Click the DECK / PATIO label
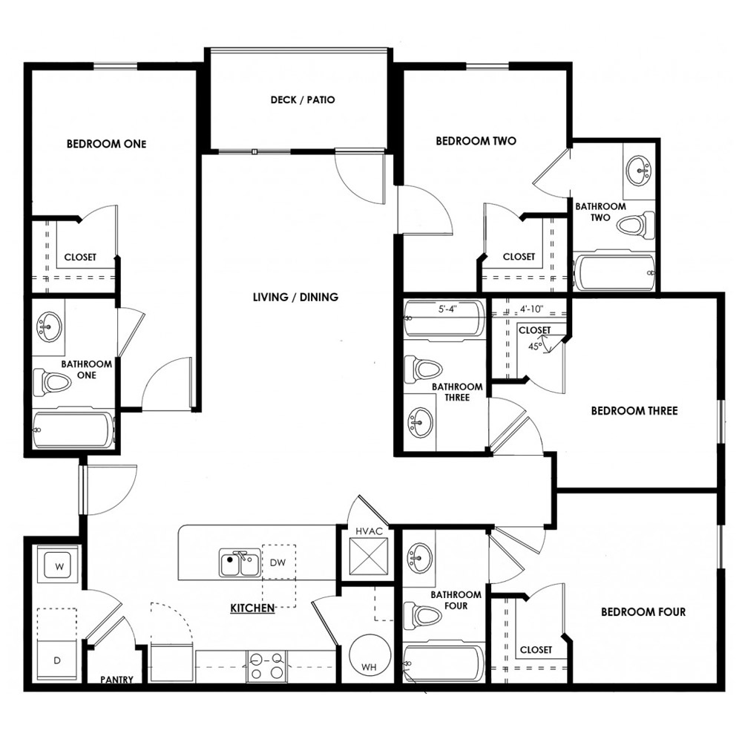[x=303, y=100]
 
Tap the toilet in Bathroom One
[x=52, y=383]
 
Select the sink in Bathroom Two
[x=638, y=171]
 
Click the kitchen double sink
[x=240, y=562]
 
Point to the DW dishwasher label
[x=278, y=562]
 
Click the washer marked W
[x=59, y=566]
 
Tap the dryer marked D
[x=57, y=660]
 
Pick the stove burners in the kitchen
[x=266, y=666]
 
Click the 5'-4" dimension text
[x=447, y=309]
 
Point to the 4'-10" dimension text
[x=531, y=309]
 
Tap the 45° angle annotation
[x=535, y=346]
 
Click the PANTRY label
[x=116, y=680]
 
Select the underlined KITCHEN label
[x=252, y=608]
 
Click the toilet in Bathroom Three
[x=423, y=369]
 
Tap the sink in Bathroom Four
[x=418, y=558]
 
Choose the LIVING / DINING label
[x=296, y=298]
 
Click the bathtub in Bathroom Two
[x=614, y=272]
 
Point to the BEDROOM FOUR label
[x=643, y=612]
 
